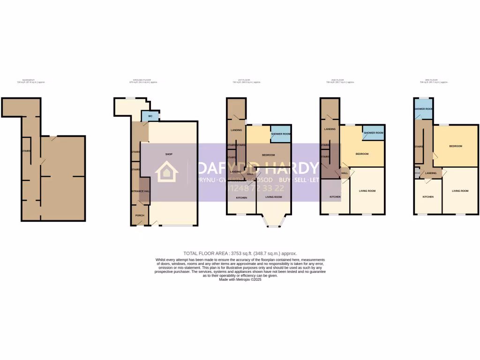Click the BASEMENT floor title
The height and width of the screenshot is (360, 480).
tap(29, 80)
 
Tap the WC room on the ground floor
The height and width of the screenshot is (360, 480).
tap(150, 116)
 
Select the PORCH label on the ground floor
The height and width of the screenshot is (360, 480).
tap(139, 216)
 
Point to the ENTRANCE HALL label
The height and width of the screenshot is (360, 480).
tap(140, 191)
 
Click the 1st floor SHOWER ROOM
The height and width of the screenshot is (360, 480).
tap(281, 134)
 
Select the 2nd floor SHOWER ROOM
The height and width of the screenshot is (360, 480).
tap(373, 133)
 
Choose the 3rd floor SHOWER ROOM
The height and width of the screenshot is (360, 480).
tap(423, 109)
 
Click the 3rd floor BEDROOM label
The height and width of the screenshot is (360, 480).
tap(456, 146)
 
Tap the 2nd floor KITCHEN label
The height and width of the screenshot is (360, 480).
tap(335, 197)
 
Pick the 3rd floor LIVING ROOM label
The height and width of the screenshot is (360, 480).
tap(460, 191)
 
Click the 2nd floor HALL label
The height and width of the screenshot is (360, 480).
tap(345, 173)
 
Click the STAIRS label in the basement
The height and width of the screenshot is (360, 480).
tap(26, 151)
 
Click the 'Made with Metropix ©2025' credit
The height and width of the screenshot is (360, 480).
tap(240, 279)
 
